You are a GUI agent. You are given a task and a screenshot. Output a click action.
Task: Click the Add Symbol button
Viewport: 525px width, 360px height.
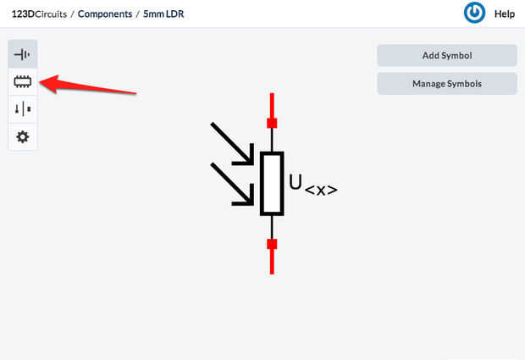[446, 56]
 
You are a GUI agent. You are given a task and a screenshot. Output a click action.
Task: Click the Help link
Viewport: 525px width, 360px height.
[505, 14]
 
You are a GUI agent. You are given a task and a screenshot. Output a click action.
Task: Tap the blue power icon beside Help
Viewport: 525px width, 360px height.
[475, 14]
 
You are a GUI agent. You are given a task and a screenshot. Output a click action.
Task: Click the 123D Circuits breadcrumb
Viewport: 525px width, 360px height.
[40, 14]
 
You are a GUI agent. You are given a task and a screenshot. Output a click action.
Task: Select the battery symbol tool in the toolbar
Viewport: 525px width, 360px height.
[23, 54]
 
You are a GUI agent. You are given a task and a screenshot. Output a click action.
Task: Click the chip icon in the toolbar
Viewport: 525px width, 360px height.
[23, 81]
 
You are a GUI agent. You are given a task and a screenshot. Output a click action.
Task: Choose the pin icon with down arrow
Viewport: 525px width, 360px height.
[23, 108]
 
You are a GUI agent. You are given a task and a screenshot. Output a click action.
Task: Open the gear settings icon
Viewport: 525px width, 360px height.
[23, 136]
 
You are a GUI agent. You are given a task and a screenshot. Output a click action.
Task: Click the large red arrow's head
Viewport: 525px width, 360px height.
[47, 83]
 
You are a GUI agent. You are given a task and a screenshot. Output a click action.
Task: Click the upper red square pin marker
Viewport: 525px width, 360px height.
[272, 123]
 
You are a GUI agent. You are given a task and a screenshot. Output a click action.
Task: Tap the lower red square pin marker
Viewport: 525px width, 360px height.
[272, 245]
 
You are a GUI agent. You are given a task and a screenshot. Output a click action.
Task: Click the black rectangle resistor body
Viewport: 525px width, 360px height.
[272, 184]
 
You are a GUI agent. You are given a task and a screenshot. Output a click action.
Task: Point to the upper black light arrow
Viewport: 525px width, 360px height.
[232, 144]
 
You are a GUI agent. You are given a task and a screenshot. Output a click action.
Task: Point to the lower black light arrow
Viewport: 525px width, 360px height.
[232, 184]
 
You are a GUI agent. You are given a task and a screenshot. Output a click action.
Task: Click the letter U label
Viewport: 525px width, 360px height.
[296, 182]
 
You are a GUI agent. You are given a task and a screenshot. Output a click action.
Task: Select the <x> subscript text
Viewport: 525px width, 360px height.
[321, 191]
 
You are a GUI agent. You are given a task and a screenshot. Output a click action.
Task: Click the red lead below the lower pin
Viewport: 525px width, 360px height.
[272, 263]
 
